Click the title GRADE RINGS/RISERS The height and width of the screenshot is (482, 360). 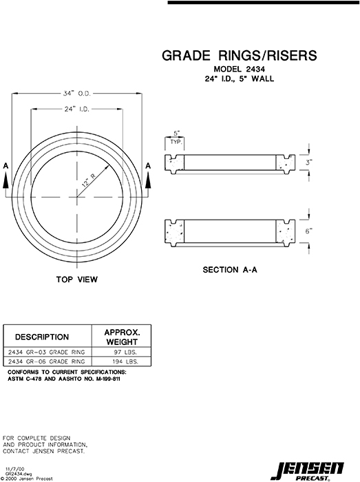(x=239, y=56)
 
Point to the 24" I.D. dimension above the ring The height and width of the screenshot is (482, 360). (x=78, y=109)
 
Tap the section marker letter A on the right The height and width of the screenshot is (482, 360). (x=149, y=166)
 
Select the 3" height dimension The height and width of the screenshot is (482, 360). (x=310, y=164)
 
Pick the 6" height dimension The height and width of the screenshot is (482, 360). (x=310, y=231)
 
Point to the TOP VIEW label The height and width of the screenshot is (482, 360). (x=77, y=280)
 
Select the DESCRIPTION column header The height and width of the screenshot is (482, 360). (x=42, y=337)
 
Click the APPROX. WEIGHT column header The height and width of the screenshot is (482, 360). (x=122, y=337)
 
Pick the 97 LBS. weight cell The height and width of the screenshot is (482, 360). (x=127, y=351)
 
